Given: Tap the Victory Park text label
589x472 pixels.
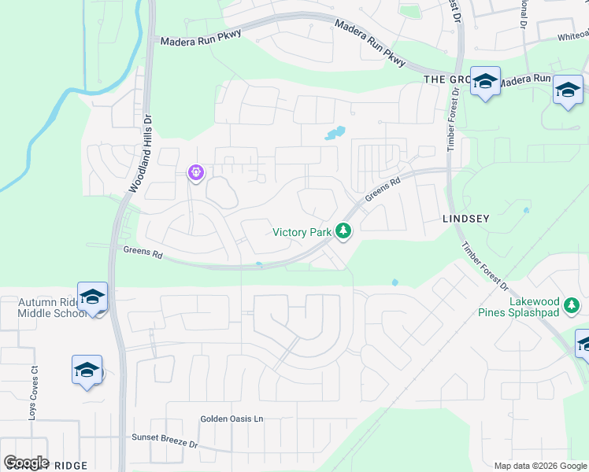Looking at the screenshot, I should tap(302, 232).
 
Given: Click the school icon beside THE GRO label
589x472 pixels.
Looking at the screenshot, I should tap(485, 81).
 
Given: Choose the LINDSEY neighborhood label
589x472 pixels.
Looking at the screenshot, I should tap(466, 219).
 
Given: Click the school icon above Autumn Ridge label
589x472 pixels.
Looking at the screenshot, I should tap(92, 297).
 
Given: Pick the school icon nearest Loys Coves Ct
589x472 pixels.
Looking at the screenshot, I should tap(87, 370).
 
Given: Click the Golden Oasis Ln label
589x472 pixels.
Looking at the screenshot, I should tap(231, 419).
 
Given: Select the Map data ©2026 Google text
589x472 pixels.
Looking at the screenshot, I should tap(540, 466).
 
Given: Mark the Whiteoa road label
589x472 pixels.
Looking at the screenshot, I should tap(572, 35).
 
